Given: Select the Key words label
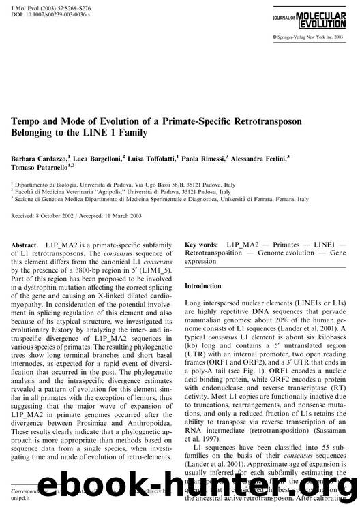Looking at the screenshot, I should tap(201, 244).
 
